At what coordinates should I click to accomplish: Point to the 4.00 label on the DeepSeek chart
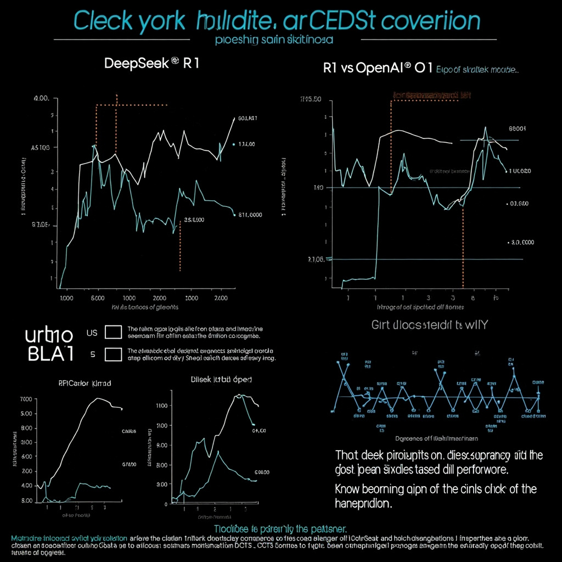[x=41, y=98]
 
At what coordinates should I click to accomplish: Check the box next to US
[x=113, y=332]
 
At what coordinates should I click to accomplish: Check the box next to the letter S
[x=113, y=355]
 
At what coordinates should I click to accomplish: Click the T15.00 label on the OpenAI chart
[x=310, y=99]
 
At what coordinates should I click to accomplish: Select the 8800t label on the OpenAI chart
[x=518, y=129]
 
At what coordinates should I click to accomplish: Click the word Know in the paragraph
[x=351, y=489]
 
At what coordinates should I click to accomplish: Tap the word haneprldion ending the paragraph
[x=363, y=504]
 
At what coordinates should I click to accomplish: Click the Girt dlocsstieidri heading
[x=429, y=325]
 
